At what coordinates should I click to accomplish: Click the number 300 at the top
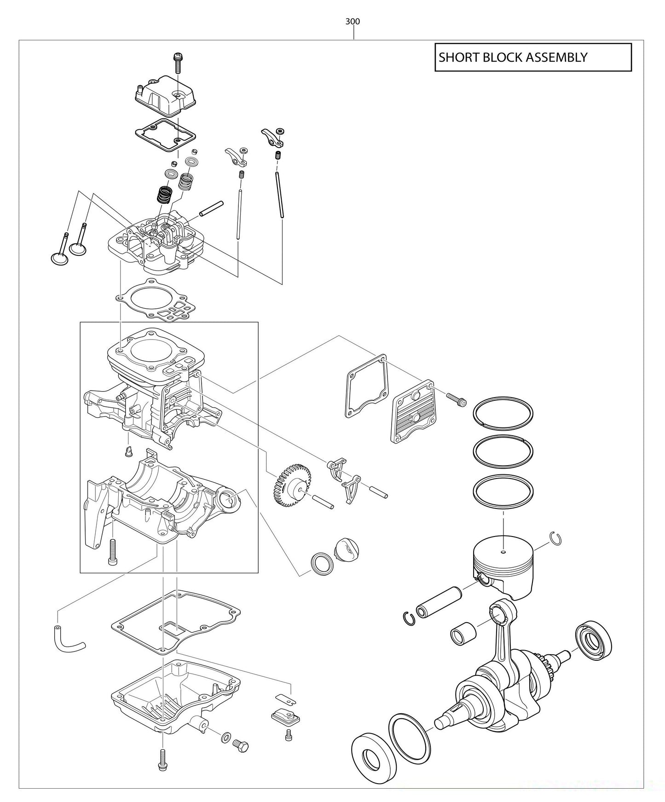pos(353,21)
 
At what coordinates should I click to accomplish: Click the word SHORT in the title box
pos(456,58)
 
